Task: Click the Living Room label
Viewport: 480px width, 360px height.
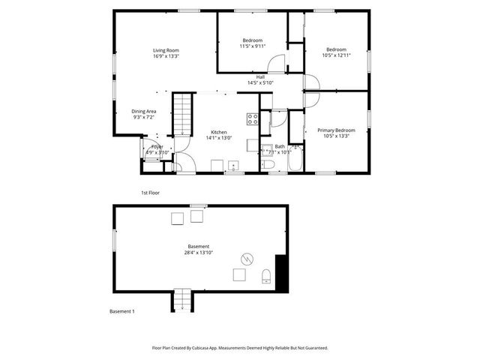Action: [166, 49]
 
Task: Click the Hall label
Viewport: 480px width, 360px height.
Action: [260, 76]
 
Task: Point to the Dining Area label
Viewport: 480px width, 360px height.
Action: [143, 111]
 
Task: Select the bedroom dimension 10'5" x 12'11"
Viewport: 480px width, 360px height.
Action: [336, 55]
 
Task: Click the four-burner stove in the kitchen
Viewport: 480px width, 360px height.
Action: [253, 118]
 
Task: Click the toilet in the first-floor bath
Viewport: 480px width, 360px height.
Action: [268, 164]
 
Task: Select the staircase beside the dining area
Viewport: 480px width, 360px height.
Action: [183, 112]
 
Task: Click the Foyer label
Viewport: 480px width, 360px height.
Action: [157, 146]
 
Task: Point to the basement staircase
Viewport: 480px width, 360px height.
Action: [183, 300]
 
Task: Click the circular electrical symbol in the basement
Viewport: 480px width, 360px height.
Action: [245, 259]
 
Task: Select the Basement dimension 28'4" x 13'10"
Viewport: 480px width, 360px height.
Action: [199, 253]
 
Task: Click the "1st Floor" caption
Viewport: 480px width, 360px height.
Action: [150, 193]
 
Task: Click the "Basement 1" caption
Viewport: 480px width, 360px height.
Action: [121, 311]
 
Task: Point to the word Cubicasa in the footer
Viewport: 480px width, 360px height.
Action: [204, 348]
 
